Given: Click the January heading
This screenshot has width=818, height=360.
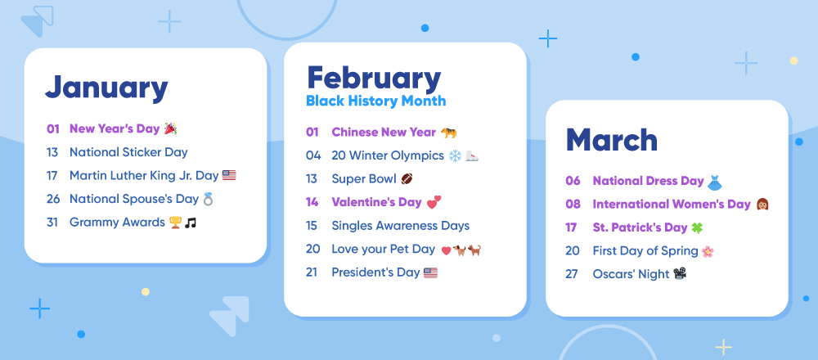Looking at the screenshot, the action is point(106,88).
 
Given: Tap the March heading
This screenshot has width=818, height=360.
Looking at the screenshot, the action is point(611,140).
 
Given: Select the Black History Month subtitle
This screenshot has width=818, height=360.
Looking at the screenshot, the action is point(375,101).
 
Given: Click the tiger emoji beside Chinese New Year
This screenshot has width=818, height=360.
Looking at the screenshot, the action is point(448,133).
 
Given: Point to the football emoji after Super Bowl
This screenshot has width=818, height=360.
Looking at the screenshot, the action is point(407,179).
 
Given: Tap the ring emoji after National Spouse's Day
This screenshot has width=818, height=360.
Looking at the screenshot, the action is point(208,199).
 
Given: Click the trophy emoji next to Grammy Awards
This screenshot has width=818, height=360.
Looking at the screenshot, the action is point(174,223).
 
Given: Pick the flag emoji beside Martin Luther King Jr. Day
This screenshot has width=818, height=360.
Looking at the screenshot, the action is point(229,175).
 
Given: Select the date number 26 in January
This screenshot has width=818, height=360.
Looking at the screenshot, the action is point(52,199).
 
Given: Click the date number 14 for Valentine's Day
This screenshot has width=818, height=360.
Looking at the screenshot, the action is point(312,202).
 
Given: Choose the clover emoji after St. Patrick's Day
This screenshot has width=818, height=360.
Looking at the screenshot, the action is point(697,228).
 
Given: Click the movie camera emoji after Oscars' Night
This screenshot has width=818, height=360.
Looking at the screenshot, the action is point(680,273).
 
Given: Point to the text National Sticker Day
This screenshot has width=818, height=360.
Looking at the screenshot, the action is point(128,152).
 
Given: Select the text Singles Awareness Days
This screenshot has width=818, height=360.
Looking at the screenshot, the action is point(401,226).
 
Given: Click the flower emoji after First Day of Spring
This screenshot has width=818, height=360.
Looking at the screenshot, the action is point(708,251).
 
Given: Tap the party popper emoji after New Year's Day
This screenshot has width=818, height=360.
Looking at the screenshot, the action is point(171,128).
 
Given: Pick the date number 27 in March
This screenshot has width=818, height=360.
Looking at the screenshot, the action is point(572,274).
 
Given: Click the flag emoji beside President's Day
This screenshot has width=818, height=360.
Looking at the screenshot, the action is point(430,272).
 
